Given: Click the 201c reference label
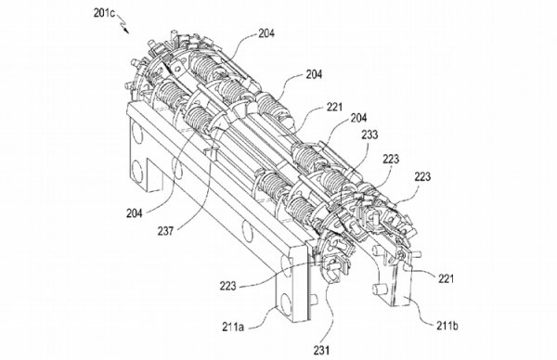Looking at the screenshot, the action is tap(104, 13).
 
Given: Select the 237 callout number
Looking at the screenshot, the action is tap(165, 231).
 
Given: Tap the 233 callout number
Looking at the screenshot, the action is tap(369, 135).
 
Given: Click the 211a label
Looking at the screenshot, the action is tap(233, 327).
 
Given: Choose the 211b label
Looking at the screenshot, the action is tap(447, 326).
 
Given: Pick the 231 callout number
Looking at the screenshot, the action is tap(321, 351).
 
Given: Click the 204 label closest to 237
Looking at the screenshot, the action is tap(135, 213).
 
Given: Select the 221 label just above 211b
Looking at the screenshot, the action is tap(446, 278).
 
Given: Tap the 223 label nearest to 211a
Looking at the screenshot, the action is tap(227, 286).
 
